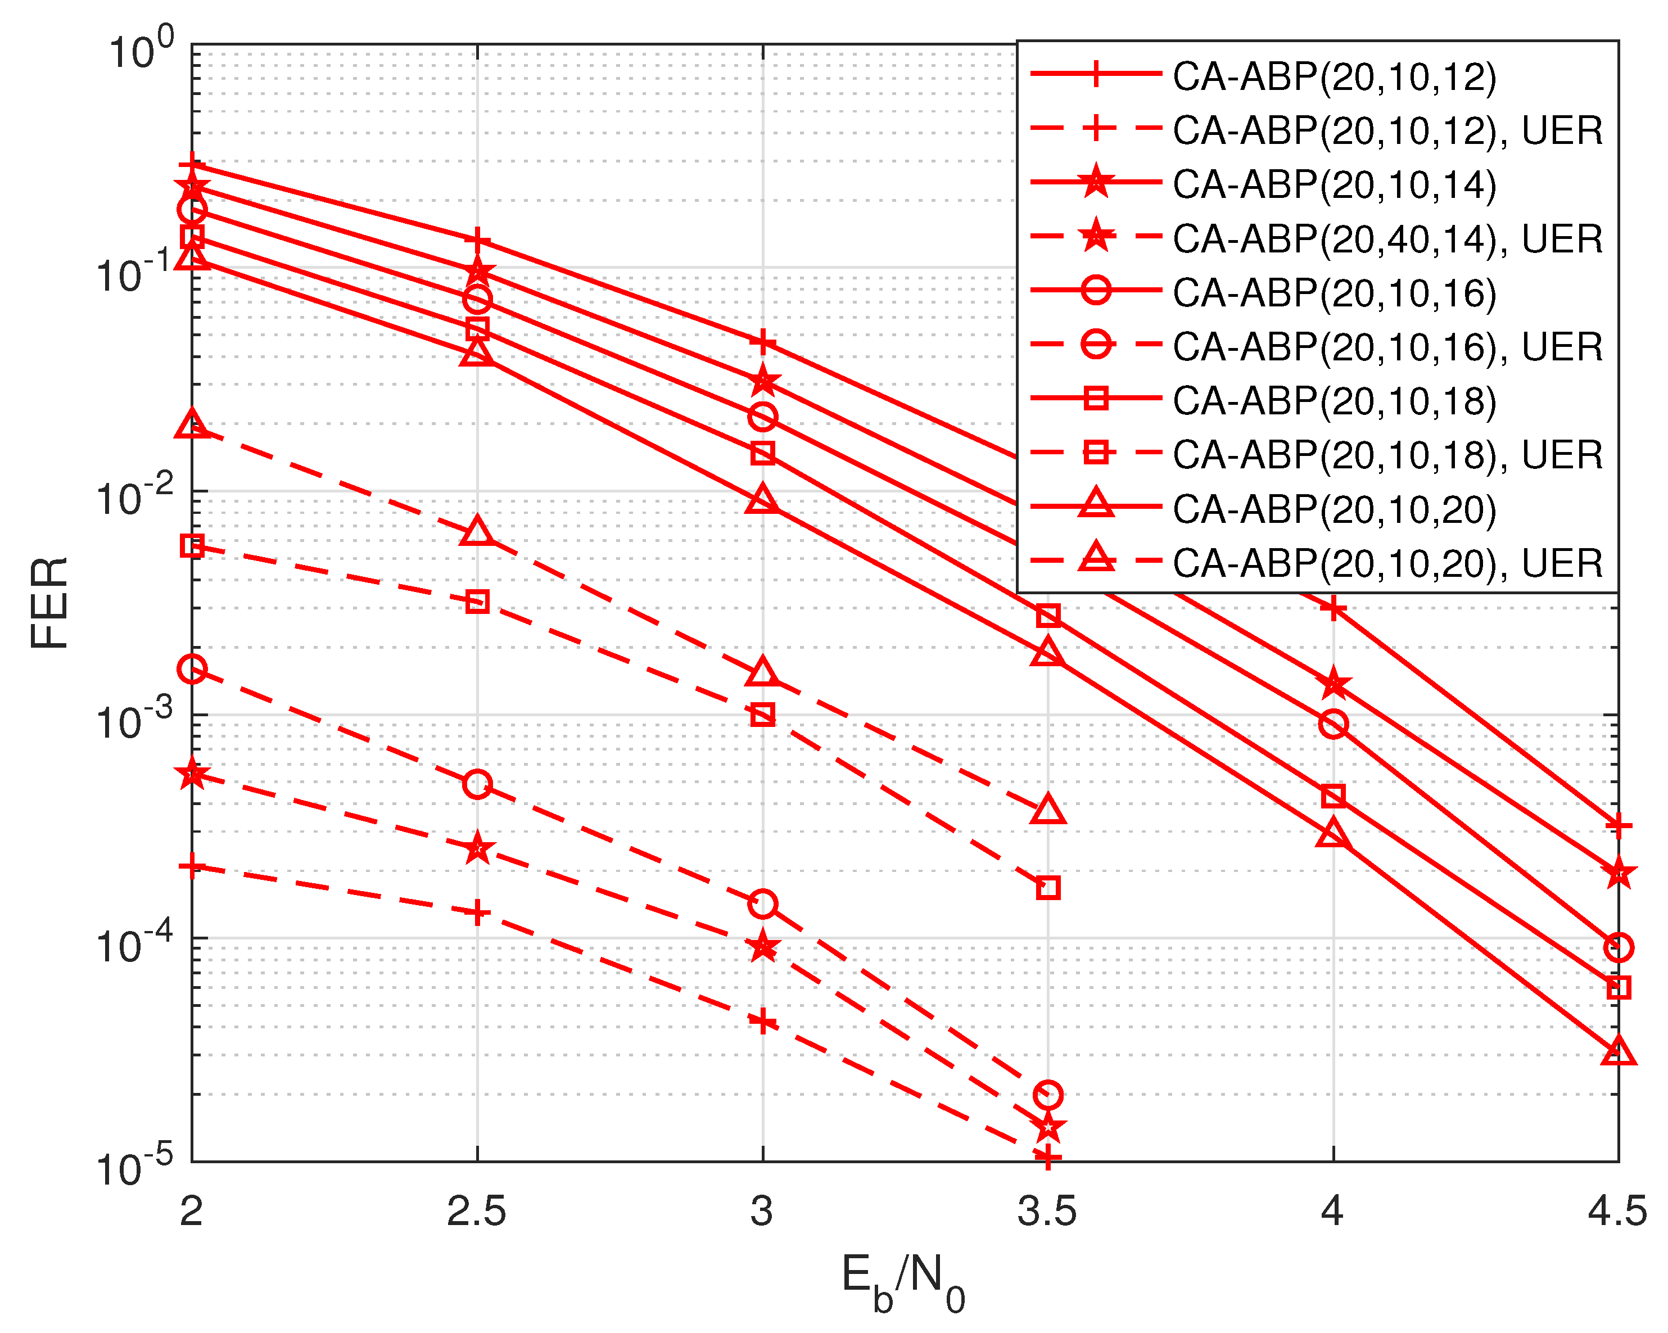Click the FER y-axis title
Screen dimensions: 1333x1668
click(x=49, y=603)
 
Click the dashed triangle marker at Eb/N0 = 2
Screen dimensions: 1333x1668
click(x=192, y=424)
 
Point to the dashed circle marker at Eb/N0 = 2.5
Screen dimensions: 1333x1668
click(x=477, y=784)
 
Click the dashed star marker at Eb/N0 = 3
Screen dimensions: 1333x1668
click(x=763, y=946)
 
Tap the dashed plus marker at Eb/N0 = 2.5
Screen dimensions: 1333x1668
click(x=477, y=912)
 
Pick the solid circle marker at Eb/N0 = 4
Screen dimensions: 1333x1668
click(x=1333, y=724)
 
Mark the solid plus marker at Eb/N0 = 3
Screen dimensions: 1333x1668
click(x=763, y=341)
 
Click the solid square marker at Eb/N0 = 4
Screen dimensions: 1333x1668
click(x=1333, y=796)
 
